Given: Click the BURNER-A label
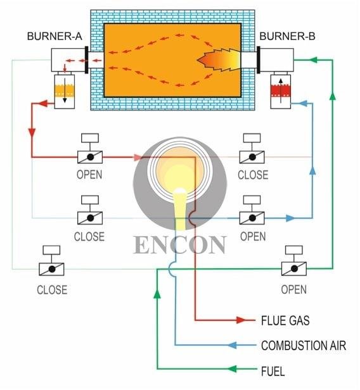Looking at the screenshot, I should (55, 36).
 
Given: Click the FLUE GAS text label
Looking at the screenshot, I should (285, 320).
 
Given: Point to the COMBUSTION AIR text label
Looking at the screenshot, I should (304, 346).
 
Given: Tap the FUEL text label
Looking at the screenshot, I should (273, 370).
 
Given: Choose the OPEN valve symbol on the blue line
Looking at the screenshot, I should (252, 218).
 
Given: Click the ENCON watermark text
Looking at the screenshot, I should (179, 244).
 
